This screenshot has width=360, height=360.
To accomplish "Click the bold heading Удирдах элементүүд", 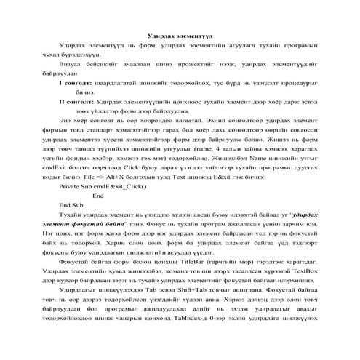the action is [x=180, y=36].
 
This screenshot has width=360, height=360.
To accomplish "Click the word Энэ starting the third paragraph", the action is [x=66, y=120].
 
